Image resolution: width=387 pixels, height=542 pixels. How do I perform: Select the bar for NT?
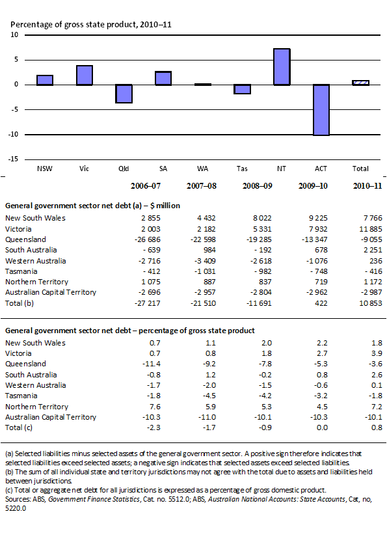pyautogui.click(x=281, y=67)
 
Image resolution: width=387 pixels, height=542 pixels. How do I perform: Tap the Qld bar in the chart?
pyautogui.click(x=124, y=94)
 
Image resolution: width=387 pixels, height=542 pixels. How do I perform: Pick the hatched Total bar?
pyautogui.click(x=360, y=83)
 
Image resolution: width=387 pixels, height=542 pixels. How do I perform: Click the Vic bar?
pyautogui.click(x=85, y=75)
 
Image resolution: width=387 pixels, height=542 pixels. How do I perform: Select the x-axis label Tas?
pyautogui.click(x=242, y=169)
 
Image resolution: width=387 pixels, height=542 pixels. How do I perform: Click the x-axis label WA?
pyautogui.click(x=202, y=169)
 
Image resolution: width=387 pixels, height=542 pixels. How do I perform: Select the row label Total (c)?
pyautogui.click(x=20, y=427)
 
